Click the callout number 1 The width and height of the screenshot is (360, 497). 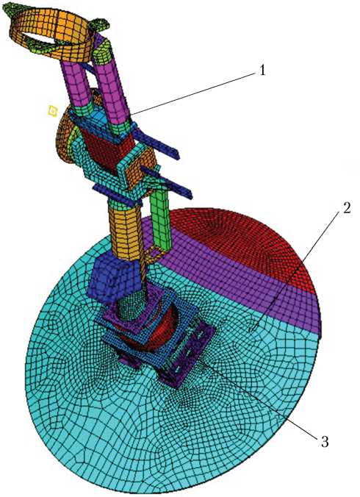click(262, 71)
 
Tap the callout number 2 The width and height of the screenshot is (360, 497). click(347, 208)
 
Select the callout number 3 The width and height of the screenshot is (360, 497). click(324, 441)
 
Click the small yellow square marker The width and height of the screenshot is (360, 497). click(53, 111)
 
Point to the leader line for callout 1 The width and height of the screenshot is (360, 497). click(192, 93)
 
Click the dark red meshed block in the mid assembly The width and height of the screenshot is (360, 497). click(109, 149)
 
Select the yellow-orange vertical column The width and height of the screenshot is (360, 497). click(124, 230)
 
